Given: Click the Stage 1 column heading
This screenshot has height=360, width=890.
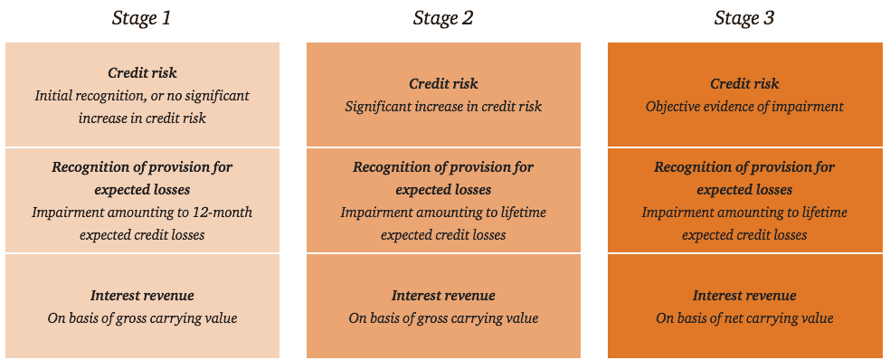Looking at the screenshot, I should [141, 18].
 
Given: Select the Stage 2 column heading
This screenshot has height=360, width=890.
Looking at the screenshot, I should [443, 18].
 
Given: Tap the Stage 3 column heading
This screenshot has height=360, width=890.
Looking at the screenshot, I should [744, 18].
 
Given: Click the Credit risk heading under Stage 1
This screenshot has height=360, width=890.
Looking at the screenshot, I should [142, 72].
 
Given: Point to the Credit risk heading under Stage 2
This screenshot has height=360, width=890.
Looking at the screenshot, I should [443, 84].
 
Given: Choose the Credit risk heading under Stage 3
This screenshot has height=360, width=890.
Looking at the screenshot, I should [744, 84].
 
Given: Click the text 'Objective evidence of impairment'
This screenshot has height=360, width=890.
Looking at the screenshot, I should [744, 107].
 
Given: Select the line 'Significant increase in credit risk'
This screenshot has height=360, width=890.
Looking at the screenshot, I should [443, 107].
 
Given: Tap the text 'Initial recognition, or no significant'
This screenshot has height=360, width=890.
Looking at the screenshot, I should [142, 95].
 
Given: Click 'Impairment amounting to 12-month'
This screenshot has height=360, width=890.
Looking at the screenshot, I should [142, 213].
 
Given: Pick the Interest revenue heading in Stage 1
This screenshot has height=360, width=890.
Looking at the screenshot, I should [142, 296].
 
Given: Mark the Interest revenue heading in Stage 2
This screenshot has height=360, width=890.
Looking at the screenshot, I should [443, 296].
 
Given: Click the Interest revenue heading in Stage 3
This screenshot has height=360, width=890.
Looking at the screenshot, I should [744, 296].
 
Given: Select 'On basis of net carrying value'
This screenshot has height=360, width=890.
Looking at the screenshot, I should [744, 318].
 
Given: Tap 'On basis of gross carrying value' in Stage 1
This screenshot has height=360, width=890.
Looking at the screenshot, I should [142, 318].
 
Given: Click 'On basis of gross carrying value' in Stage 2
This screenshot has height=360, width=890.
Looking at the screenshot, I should [443, 318].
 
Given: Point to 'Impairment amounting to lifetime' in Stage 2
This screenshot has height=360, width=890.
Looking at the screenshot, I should [443, 213].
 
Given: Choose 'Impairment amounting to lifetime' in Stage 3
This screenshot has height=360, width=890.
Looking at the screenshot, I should [744, 213].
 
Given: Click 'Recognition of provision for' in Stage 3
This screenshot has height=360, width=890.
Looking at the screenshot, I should [744, 167].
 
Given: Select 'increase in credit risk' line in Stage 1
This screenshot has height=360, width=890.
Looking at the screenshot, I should [142, 118].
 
